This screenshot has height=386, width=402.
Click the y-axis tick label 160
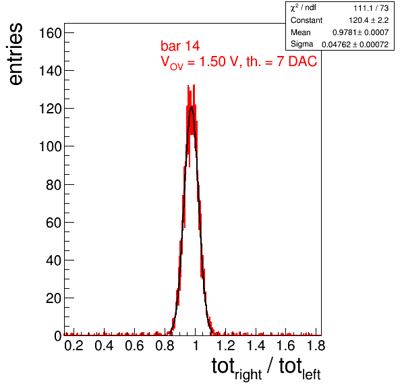click(50, 33)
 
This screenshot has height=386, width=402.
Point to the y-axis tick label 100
click(50, 147)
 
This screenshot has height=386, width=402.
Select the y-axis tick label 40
click(54, 260)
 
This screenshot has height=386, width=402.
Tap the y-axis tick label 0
click(58, 336)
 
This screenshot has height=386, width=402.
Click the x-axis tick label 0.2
click(74, 346)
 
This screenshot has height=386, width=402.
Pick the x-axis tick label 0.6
click(134, 346)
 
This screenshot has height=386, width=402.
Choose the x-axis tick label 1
click(196, 346)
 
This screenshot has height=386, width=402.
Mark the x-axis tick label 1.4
click(256, 346)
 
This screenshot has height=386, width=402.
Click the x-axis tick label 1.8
click(316, 346)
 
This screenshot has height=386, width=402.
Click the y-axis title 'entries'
click(16, 54)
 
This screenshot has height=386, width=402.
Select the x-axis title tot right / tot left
click(266, 368)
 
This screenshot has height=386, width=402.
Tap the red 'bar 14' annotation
click(180, 46)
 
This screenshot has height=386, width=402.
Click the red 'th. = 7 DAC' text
click(281, 61)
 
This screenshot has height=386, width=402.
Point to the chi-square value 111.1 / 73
click(371, 8)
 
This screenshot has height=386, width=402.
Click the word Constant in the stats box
click(306, 20)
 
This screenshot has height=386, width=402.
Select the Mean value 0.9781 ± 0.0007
click(360, 32)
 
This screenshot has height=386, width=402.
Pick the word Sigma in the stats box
click(301, 44)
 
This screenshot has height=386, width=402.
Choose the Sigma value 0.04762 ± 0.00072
click(355, 45)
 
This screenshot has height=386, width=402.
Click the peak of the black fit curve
click(192, 107)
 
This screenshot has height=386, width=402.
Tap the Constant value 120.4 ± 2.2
click(369, 20)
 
